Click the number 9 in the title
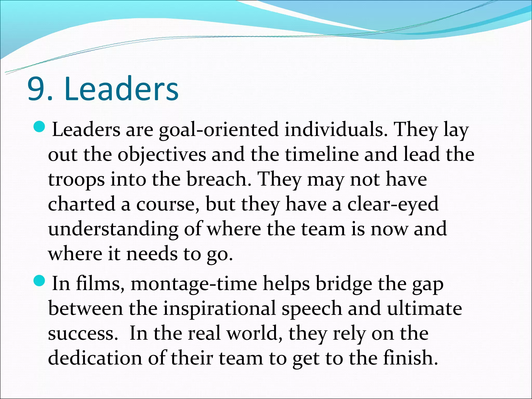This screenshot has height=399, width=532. pos(36,89)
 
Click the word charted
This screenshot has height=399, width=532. pos(82,204)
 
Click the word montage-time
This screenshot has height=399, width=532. pos(194,284)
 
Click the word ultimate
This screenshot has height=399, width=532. pos(424,309)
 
